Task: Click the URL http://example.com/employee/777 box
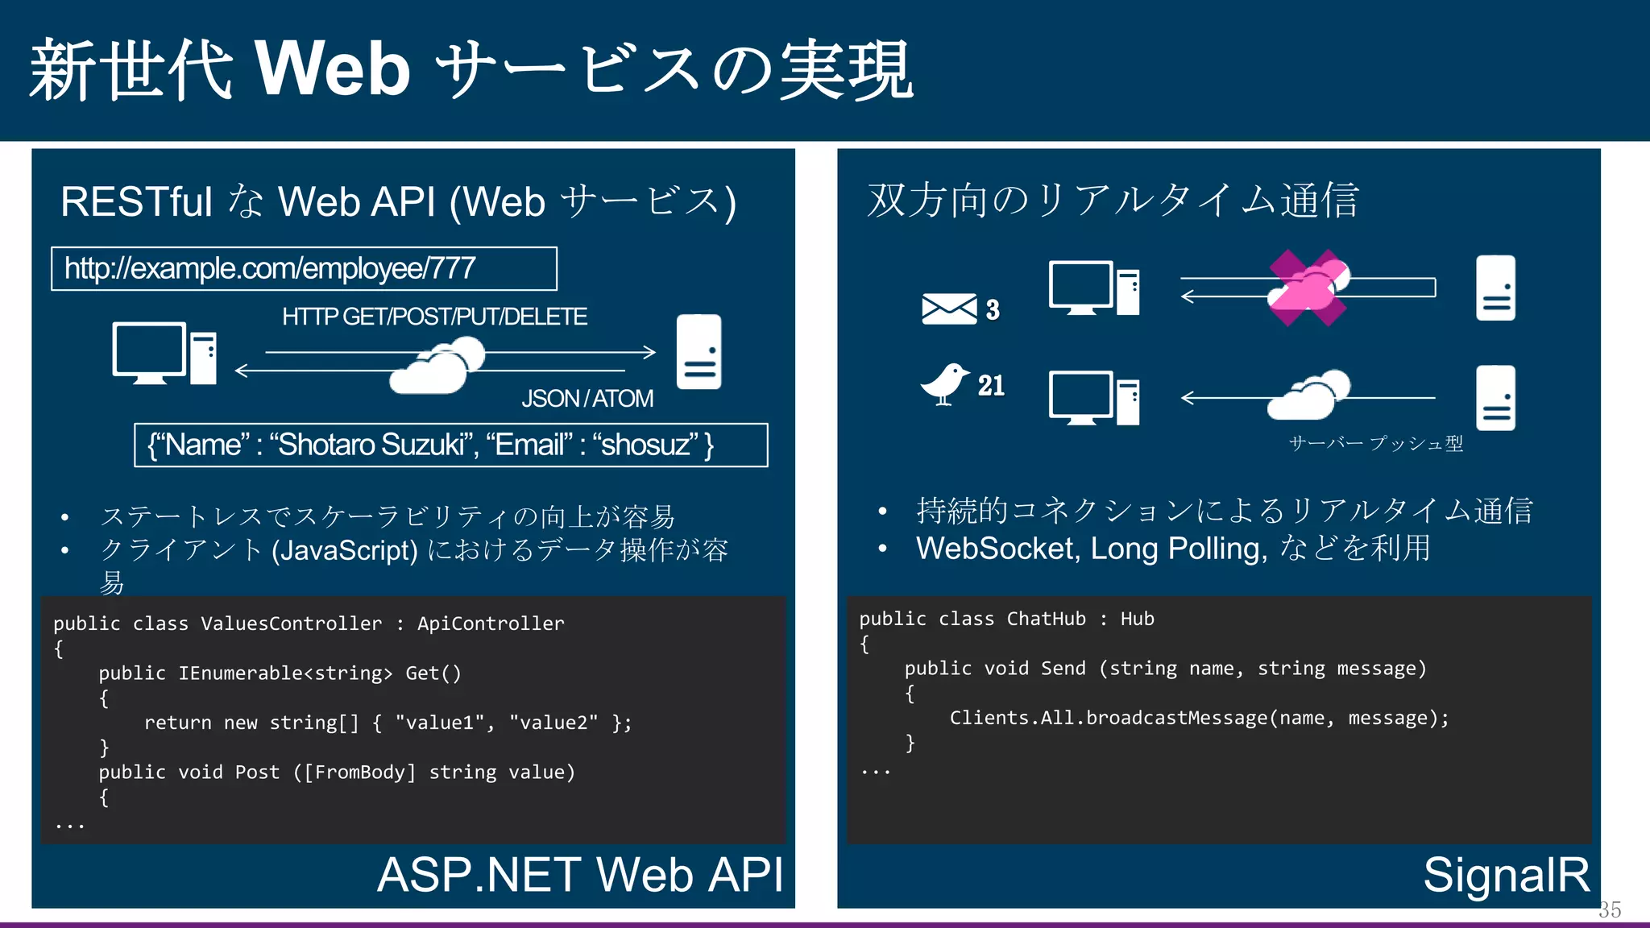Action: [x=304, y=268]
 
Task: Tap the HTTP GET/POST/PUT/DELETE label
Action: [x=434, y=317]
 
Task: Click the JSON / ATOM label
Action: [x=587, y=399]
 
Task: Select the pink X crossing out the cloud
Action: [x=1308, y=288]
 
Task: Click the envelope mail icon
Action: [x=949, y=309]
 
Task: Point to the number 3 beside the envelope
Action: [x=993, y=309]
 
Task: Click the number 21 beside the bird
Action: [x=991, y=386]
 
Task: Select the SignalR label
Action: [x=1506, y=875]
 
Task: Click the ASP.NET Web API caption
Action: [x=580, y=875]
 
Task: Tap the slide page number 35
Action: [x=1610, y=909]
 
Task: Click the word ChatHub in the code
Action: [x=1046, y=619]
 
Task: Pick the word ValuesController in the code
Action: [x=291, y=623]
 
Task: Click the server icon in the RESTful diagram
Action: [x=699, y=352]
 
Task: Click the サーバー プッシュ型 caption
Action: [x=1375, y=443]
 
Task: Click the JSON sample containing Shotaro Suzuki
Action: [x=450, y=445]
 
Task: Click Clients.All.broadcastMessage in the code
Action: [x=1108, y=718]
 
